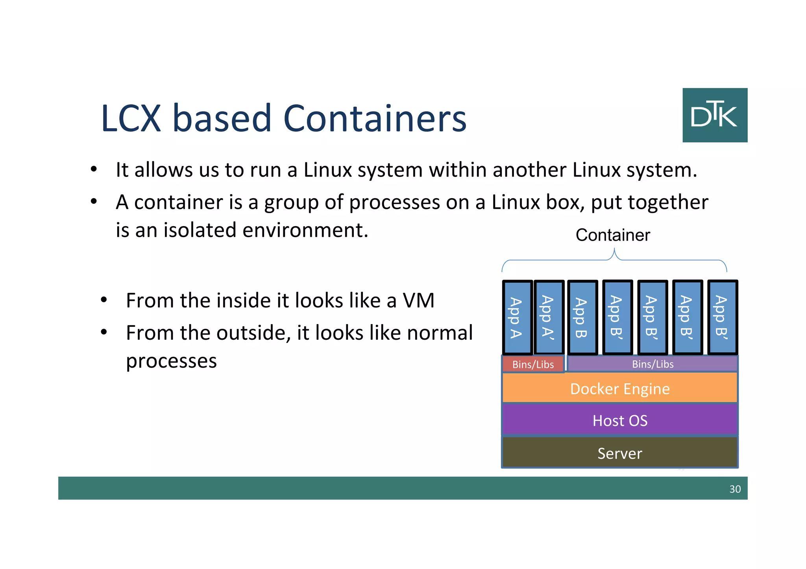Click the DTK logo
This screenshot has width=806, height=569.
click(715, 115)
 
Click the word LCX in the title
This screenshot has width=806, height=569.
click(131, 118)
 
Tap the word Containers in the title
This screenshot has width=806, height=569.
click(375, 118)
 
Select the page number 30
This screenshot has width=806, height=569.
click(735, 489)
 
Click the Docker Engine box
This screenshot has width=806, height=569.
click(619, 389)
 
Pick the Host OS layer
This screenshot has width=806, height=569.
click(619, 420)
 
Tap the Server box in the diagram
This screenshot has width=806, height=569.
click(619, 453)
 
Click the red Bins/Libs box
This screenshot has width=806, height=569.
click(533, 364)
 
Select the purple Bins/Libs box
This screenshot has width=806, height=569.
click(653, 364)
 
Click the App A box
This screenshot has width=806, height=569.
click(517, 317)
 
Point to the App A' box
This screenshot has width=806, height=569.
click(549, 317)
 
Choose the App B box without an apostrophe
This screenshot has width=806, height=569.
click(582, 317)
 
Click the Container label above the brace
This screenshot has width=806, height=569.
click(613, 235)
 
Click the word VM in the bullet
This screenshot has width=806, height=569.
click(418, 300)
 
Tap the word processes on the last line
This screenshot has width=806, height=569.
click(171, 361)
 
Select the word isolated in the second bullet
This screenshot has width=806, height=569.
click(200, 230)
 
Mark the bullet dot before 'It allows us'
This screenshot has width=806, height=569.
click(94, 169)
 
